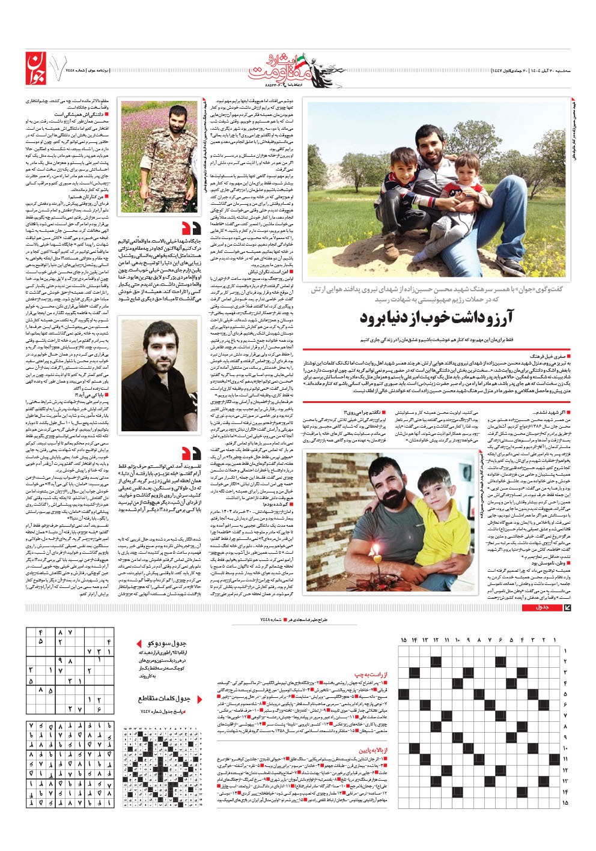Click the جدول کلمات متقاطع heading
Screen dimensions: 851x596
pyautogui.click(x=164, y=698)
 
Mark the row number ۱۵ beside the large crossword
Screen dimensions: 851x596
pyautogui.click(x=565, y=802)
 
